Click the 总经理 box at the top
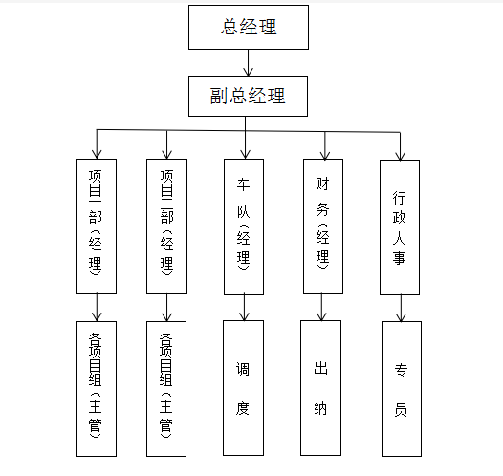tap(249, 27)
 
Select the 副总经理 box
tap(248, 97)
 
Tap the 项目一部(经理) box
tap(96, 227)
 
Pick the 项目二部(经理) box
tap(166, 227)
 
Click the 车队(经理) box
tap(244, 227)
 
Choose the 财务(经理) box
tap(323, 227)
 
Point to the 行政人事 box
tap(400, 227)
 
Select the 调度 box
tap(243, 388)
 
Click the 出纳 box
tap(320, 388)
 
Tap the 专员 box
tap(402, 389)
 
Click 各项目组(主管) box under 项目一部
tap(96, 389)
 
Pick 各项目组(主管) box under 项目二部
tap(166, 389)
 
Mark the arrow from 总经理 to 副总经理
tap(248, 63)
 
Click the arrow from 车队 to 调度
tap(244, 307)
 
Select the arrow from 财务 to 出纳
tap(321, 307)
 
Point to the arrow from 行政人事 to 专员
tap(401, 309)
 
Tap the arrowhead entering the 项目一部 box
tap(97, 154)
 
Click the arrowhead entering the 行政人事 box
tap(400, 155)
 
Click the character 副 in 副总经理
tap(219, 96)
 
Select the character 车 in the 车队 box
tap(244, 184)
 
